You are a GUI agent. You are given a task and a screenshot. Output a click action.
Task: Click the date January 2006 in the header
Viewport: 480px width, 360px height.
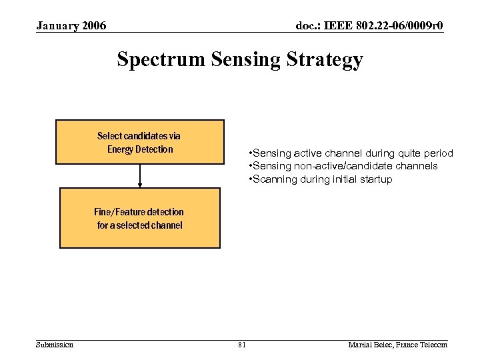pos(71,26)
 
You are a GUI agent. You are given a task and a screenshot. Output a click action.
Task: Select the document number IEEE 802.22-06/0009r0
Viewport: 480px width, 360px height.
pos(369,26)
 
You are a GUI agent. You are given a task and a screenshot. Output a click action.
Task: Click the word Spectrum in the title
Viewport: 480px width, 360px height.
pos(161,59)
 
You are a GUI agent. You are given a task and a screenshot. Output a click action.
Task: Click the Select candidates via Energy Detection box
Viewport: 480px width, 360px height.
pos(139,142)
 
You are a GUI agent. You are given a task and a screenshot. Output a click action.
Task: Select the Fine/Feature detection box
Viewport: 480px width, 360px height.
pos(139,218)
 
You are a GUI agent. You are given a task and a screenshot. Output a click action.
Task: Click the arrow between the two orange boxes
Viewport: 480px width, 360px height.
pos(140,175)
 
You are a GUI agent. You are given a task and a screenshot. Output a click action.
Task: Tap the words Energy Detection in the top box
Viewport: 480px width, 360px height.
pos(140,149)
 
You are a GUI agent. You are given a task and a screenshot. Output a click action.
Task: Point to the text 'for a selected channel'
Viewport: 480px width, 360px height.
pos(139,225)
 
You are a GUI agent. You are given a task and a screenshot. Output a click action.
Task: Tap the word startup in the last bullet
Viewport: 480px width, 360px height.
pos(374,179)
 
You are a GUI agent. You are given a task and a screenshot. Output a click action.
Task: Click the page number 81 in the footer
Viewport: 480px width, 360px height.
pos(241,345)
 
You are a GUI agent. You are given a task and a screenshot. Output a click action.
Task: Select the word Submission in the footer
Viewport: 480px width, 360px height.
pos(55,345)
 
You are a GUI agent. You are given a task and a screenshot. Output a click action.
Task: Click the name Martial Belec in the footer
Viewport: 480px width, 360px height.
pos(370,345)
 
